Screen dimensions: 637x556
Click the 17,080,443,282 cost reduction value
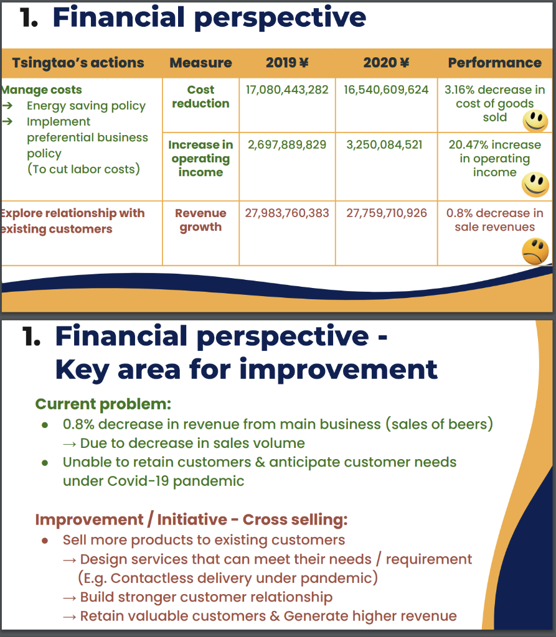pos(287,90)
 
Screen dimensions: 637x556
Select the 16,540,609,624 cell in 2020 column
pos(386,90)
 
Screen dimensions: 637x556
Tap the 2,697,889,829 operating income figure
pos(287,144)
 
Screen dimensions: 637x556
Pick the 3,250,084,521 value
pos(384,144)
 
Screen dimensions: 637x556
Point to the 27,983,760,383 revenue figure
pos(287,213)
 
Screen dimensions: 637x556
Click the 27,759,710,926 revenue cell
pos(387,213)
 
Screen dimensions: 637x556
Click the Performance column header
pos(494,63)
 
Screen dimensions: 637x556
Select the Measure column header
pos(200,63)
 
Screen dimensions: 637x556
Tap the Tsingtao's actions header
pos(78,63)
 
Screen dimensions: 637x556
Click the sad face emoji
pos(535,252)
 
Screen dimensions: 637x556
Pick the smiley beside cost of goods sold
pos(535,120)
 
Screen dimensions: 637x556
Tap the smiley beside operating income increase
pos(535,183)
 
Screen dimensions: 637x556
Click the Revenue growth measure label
pos(200,220)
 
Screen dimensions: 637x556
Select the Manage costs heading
pos(42,90)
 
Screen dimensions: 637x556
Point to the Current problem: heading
pos(103,404)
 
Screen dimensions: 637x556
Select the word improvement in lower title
pos(339,370)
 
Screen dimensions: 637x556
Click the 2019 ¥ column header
pos(287,63)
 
